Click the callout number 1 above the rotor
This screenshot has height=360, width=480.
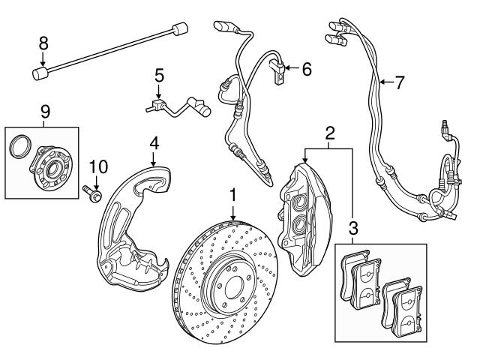click(233, 195)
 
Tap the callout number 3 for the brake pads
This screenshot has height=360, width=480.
click(352, 226)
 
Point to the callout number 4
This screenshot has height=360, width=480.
click(153, 142)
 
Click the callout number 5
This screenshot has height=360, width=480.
click(158, 75)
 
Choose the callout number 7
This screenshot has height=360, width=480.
click(398, 82)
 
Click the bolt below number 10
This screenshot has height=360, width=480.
click(94, 193)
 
